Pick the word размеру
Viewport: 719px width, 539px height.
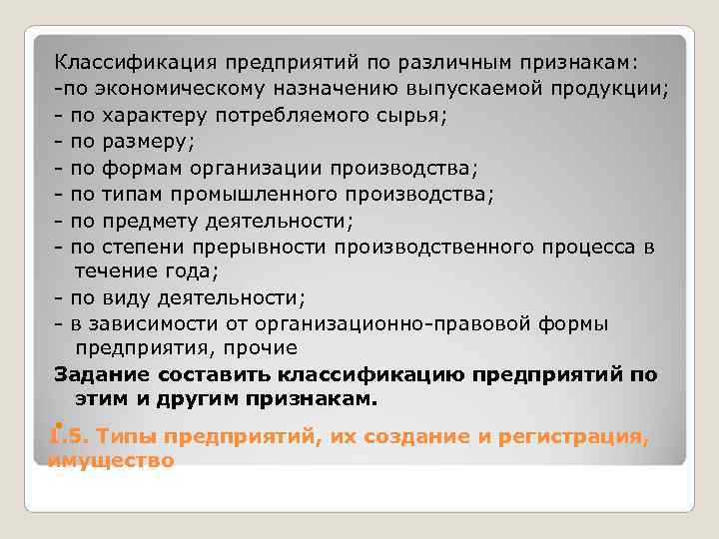149,141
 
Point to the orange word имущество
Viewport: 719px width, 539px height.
111,460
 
